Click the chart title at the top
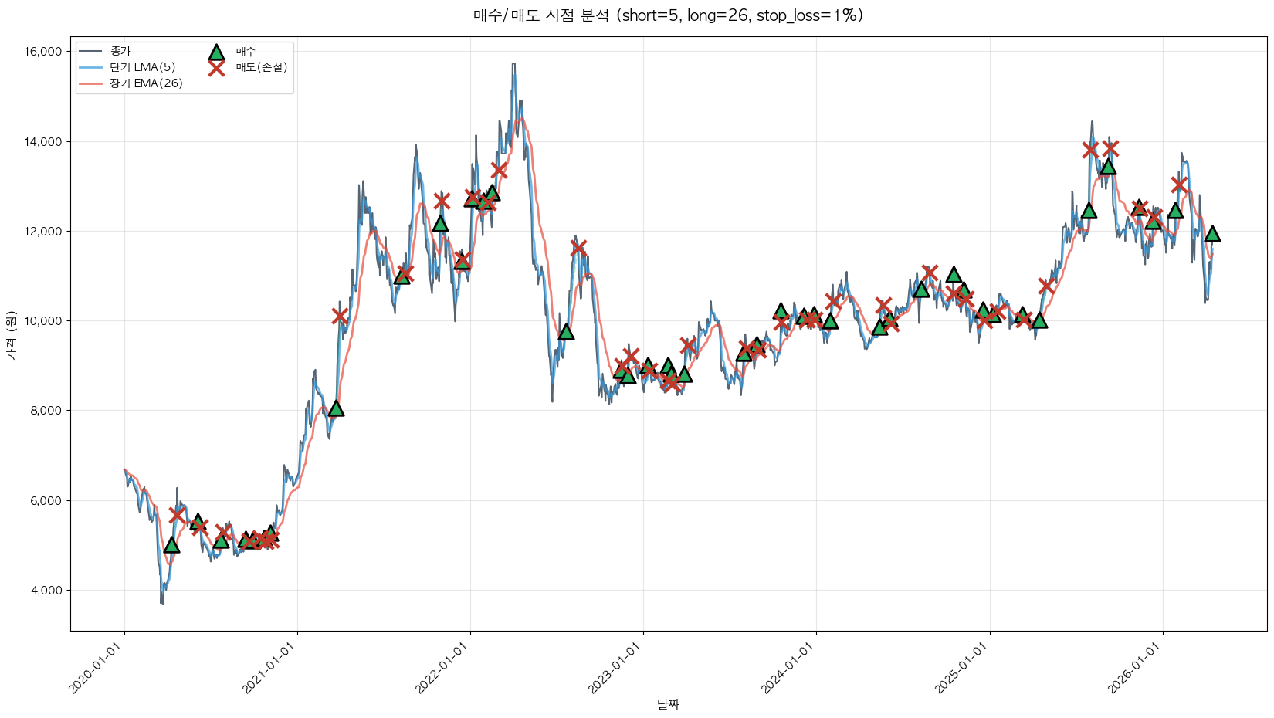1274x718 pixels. point(668,15)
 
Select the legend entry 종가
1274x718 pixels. point(120,51)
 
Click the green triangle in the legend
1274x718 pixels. point(216,52)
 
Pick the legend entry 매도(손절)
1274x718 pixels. point(261,67)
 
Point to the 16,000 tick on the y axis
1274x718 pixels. point(43,52)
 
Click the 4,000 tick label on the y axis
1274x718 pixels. point(46,591)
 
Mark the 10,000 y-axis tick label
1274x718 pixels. point(43,321)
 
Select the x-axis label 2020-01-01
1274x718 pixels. point(97,668)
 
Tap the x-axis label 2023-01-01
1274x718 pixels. point(616,668)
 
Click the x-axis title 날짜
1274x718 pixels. point(668,704)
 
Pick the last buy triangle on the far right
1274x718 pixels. point(1212,233)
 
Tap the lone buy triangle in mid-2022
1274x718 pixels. point(566,331)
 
